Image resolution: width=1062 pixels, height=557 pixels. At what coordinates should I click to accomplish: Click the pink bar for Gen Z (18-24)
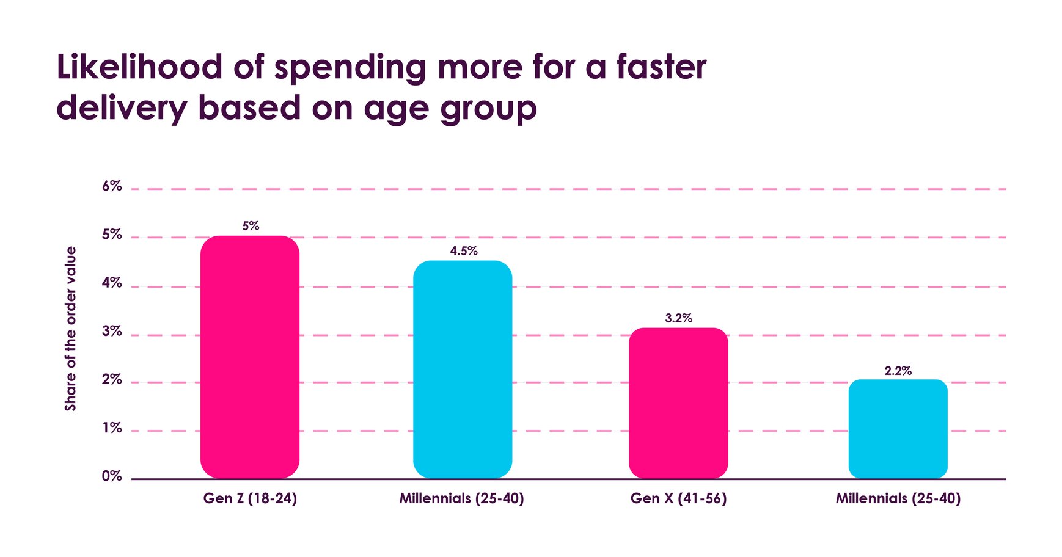[x=250, y=357]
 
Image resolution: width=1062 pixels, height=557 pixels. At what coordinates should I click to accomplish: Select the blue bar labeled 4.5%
[x=463, y=370]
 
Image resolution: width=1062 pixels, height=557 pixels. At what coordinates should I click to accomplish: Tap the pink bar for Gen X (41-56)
[x=678, y=403]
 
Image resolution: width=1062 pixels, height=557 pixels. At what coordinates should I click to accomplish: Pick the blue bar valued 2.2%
[x=898, y=429]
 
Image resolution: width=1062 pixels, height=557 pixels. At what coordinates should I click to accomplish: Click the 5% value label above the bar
[x=251, y=226]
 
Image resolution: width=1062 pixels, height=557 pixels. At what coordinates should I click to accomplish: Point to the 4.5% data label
[x=464, y=251]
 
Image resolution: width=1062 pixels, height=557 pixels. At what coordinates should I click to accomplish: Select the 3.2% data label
[x=678, y=318]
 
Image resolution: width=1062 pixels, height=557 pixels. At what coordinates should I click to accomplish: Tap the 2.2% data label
[x=898, y=371]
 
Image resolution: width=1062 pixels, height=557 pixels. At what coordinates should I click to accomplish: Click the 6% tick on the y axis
[x=112, y=186]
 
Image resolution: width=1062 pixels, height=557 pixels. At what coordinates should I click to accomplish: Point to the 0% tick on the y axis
[x=112, y=476]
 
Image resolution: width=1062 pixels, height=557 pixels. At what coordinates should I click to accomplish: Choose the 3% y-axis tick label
[x=112, y=332]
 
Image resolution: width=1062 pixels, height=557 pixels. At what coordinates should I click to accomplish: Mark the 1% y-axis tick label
[x=112, y=428]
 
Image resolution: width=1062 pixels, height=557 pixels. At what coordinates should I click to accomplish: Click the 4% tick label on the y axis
[x=112, y=283]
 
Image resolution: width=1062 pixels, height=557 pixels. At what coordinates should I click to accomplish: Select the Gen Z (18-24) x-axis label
[x=250, y=498]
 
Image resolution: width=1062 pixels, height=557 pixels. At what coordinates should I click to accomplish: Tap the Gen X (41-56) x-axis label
[x=678, y=498]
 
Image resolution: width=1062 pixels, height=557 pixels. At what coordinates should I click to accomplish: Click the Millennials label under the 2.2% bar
[x=898, y=498]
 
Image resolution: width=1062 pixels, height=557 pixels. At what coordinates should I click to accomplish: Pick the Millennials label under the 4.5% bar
[x=461, y=498]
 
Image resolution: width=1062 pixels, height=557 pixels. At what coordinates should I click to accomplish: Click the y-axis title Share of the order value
[x=71, y=329]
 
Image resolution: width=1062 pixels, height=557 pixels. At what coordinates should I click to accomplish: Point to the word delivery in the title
[x=121, y=109]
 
